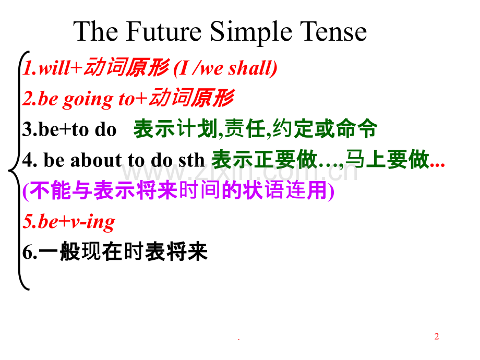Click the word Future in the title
(x=164, y=31)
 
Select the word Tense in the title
(x=333, y=31)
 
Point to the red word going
(x=88, y=100)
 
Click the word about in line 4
(x=96, y=160)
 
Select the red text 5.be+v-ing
(x=69, y=222)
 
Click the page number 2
(x=437, y=336)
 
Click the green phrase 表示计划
(x=176, y=129)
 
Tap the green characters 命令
(x=357, y=128)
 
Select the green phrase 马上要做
(x=387, y=160)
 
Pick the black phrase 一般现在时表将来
(x=124, y=251)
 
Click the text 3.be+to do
(x=69, y=129)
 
